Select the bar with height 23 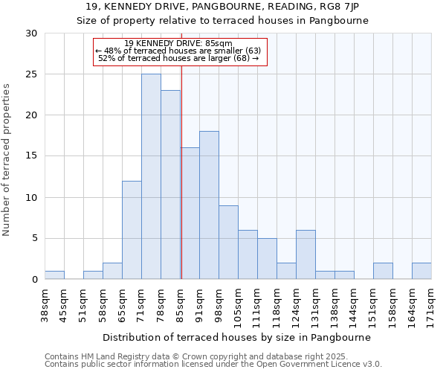click(x=170, y=185)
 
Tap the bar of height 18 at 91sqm click(x=209, y=205)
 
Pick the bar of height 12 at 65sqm click(x=132, y=230)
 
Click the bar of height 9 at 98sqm click(x=228, y=242)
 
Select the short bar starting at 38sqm click(x=54, y=275)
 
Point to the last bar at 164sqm click(x=421, y=272)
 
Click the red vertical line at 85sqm click(x=181, y=186)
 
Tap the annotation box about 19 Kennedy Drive click(x=179, y=51)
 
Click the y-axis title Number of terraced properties click(x=7, y=160)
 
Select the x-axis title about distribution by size click(x=236, y=337)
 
